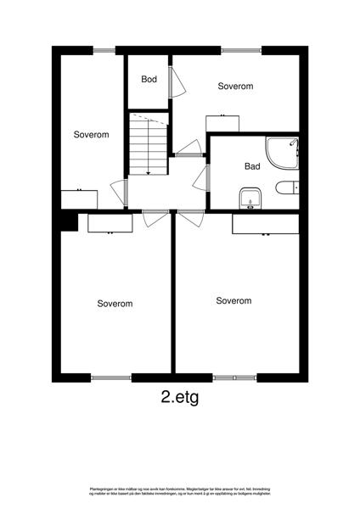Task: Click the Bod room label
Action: coord(149,80)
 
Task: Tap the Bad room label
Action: coord(252,167)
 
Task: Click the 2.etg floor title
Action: coord(179,396)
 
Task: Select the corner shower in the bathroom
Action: coord(281,154)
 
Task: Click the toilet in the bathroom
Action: coord(286,187)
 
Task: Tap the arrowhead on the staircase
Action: coord(148,172)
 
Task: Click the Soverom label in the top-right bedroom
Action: coord(235,87)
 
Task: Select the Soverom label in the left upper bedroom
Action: coord(91,135)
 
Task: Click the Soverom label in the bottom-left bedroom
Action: coord(115,303)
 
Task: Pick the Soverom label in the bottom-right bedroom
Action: coord(233,300)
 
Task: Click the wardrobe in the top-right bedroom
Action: coord(222,122)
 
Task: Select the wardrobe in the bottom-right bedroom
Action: coord(265,224)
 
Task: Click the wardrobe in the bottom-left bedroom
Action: coord(110,223)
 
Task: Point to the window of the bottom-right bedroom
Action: coord(234,377)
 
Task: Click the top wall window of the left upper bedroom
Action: coord(104,50)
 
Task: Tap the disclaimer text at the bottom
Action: coord(179,492)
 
